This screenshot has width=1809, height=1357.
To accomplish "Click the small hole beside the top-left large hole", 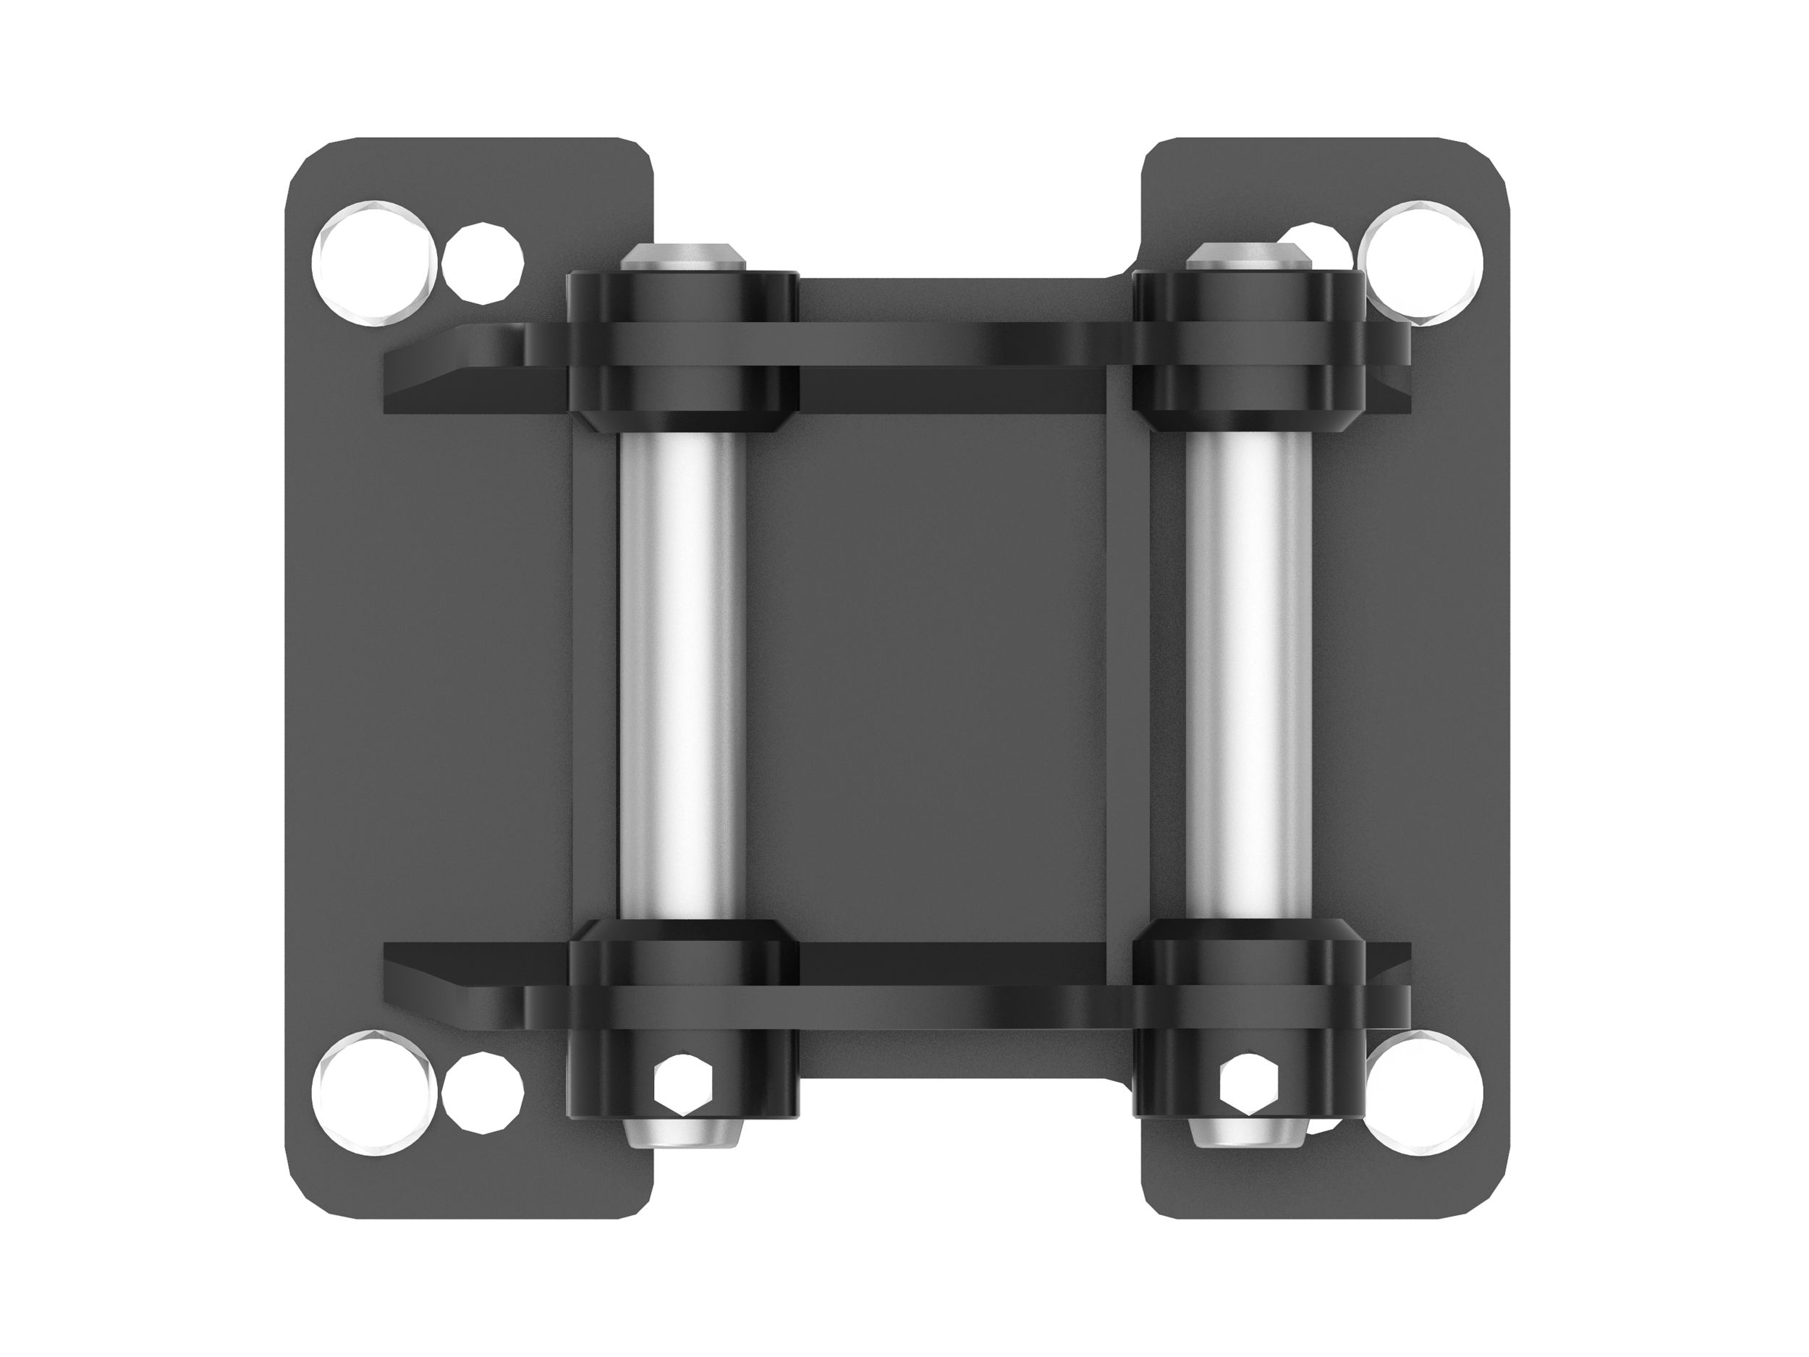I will pyautogui.click(x=483, y=263).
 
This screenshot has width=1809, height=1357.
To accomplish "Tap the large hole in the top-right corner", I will pyautogui.click(x=1423, y=262).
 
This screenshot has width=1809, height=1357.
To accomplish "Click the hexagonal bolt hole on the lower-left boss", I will pyautogui.click(x=681, y=1085).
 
